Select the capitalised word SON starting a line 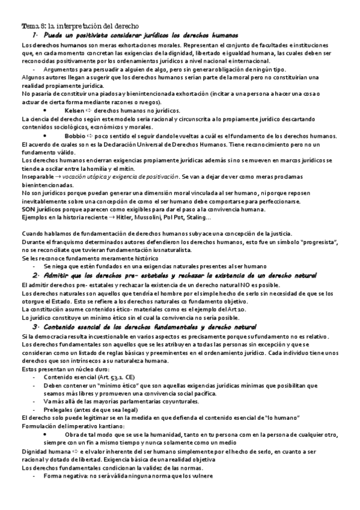28,209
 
